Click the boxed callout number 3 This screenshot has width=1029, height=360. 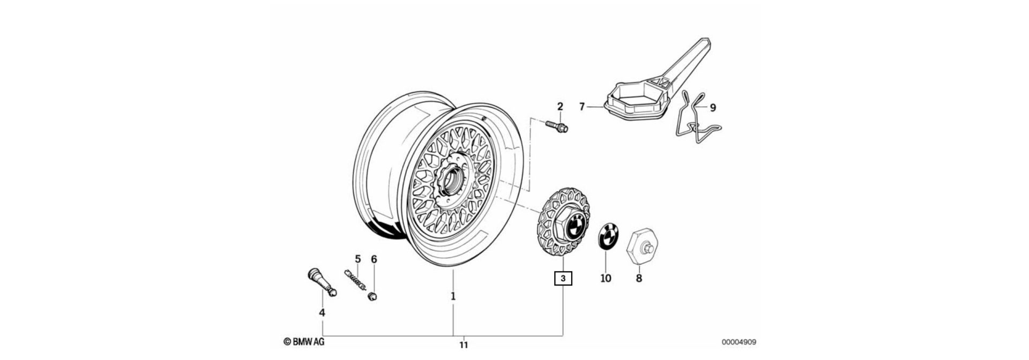pos(563,279)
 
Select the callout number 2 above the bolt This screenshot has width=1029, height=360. pos(560,106)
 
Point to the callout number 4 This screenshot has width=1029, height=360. pos(322,312)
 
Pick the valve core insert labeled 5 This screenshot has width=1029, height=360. pos(357,280)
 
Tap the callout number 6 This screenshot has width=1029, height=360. pos(374,259)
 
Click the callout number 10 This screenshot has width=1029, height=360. pos(606,279)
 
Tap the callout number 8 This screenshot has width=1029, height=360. pos(638,279)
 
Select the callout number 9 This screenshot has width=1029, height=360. pos(713,108)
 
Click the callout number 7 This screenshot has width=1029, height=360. pos(582,107)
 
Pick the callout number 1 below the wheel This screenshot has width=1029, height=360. pos(453,296)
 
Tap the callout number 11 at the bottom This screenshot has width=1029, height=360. pos(464,344)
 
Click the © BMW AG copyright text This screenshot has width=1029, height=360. pos(303,342)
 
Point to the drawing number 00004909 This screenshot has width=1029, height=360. pos(739,342)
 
